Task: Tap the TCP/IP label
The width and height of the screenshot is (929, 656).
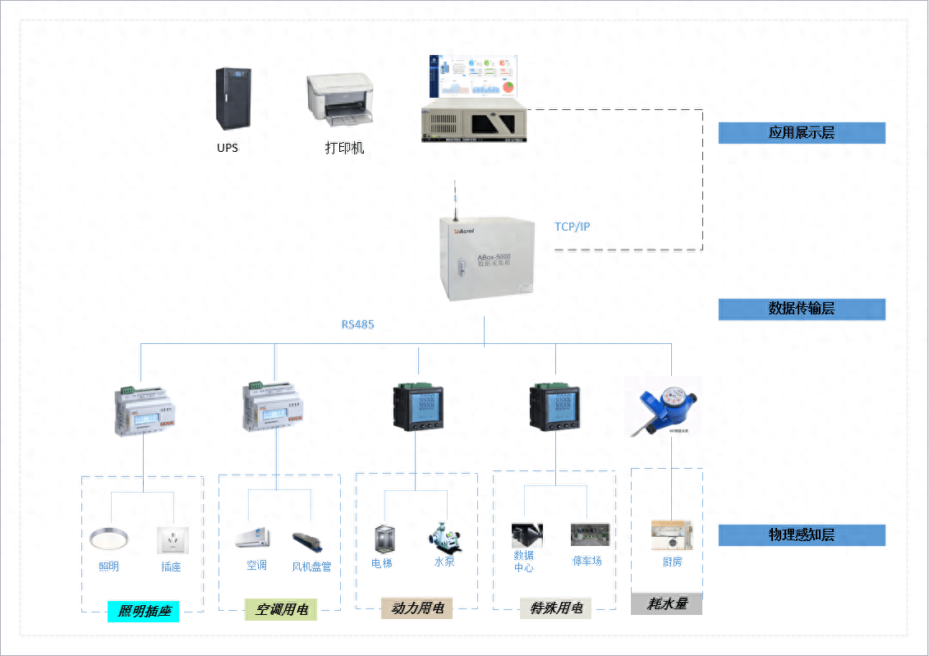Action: (x=572, y=227)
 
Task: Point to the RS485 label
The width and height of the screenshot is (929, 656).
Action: (x=358, y=324)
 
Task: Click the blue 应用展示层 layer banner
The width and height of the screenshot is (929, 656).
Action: (x=802, y=133)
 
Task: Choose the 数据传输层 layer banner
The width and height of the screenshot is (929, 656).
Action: (x=802, y=309)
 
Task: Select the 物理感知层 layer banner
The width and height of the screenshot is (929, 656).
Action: (x=802, y=535)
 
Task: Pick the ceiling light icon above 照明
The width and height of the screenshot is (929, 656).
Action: (x=108, y=539)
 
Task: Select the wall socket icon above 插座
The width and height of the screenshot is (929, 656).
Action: (x=172, y=540)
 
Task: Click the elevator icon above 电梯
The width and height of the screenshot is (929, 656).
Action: (x=383, y=539)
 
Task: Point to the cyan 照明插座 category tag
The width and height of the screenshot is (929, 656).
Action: (x=143, y=611)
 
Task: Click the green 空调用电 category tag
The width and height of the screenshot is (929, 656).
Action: (x=281, y=609)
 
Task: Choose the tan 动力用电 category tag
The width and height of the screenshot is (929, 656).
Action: (x=416, y=608)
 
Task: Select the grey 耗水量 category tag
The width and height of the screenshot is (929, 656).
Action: (x=666, y=604)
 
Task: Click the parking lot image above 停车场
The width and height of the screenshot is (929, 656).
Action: (x=590, y=534)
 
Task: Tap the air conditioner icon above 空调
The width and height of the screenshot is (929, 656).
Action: (x=253, y=539)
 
